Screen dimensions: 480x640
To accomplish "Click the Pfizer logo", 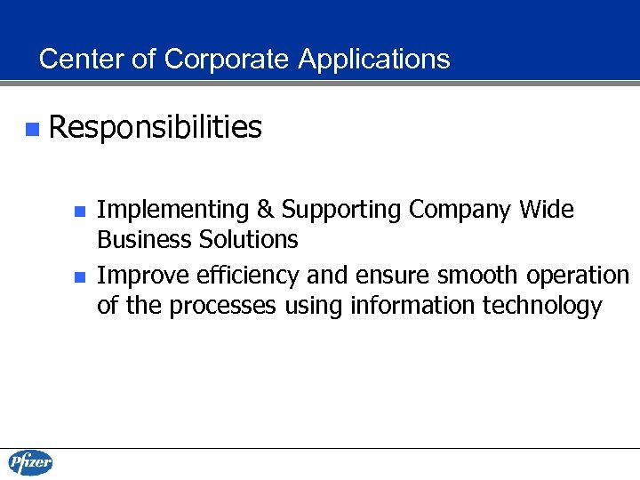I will [31, 462].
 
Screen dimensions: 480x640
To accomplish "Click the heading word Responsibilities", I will [156, 129].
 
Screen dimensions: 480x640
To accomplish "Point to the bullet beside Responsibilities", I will [32, 130].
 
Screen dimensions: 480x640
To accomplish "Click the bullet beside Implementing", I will [79, 212].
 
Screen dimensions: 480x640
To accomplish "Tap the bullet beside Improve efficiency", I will [79, 277].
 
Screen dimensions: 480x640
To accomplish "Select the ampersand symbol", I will [264, 211].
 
